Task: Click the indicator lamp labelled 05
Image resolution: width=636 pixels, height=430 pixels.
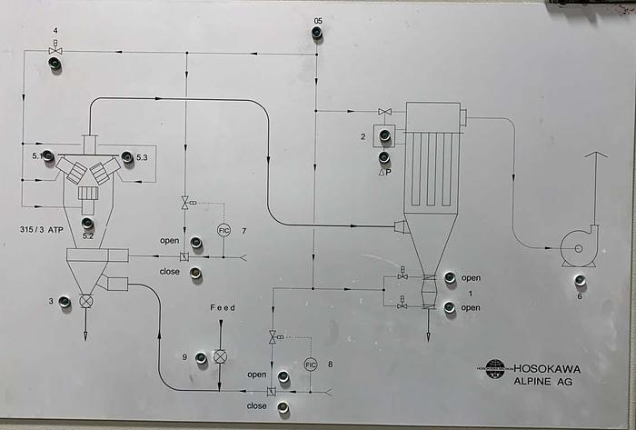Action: coord(316,34)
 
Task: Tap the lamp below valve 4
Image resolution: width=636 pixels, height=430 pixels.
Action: coord(55,65)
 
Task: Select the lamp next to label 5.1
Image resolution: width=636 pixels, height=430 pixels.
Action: coord(49,157)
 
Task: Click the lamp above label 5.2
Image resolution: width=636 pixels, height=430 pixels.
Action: coord(87,223)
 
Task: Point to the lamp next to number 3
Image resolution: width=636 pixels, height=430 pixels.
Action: coord(65,301)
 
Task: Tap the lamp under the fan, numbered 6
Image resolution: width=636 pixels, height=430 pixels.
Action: coord(580,279)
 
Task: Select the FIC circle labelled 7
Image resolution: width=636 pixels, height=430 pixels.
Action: coord(224,229)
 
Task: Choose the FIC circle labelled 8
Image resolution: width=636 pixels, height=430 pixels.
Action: coord(311,364)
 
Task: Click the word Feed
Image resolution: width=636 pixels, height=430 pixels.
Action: coord(223,308)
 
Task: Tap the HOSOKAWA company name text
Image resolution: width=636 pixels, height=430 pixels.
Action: coord(547,369)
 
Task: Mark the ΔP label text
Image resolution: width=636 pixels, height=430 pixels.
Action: coord(384,172)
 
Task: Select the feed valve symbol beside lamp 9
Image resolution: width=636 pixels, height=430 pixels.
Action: coord(220,358)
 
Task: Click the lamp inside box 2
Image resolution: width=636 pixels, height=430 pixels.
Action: coord(383,136)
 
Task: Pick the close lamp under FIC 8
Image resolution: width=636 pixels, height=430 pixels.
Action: coord(283,408)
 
